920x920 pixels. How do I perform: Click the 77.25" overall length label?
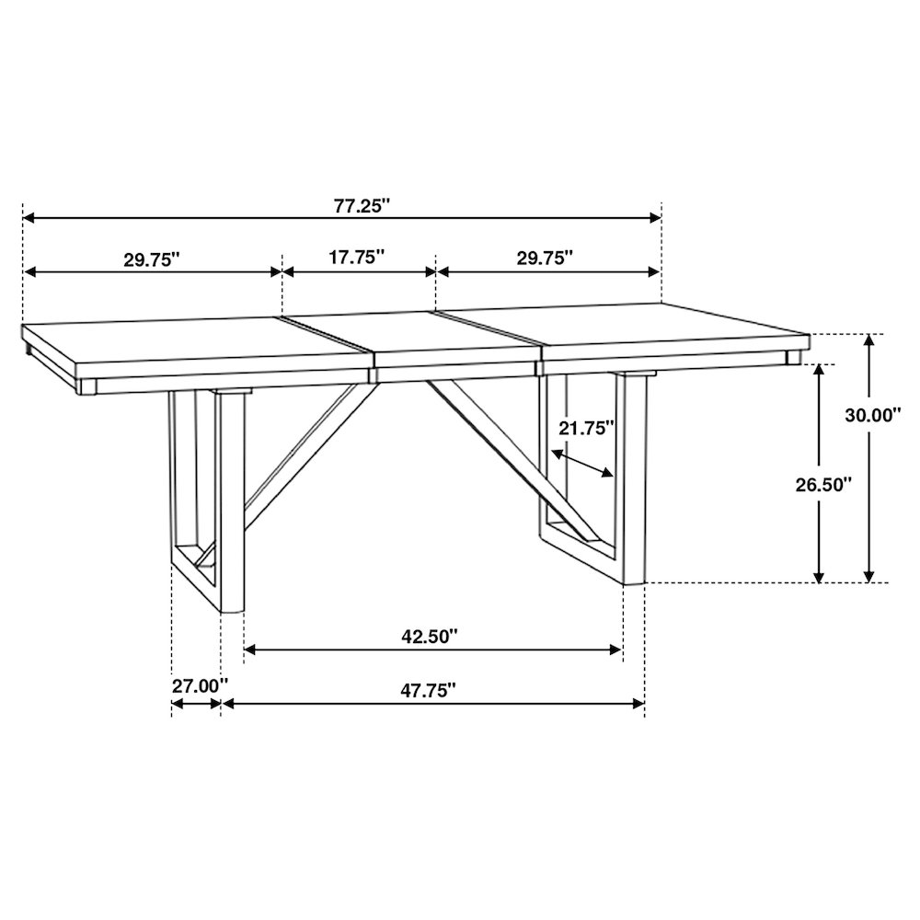[362, 206]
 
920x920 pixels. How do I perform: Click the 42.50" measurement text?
[429, 637]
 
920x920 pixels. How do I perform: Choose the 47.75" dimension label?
[429, 690]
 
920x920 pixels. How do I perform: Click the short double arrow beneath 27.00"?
[196, 704]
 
